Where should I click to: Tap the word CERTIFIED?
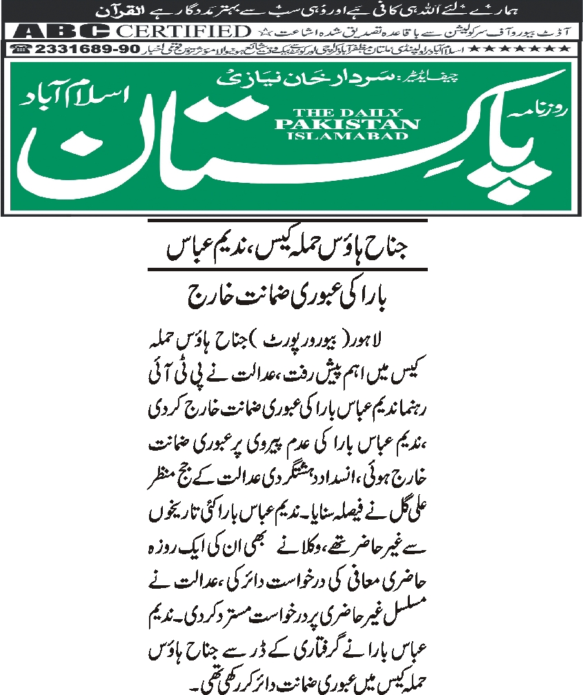coord(182,31)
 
